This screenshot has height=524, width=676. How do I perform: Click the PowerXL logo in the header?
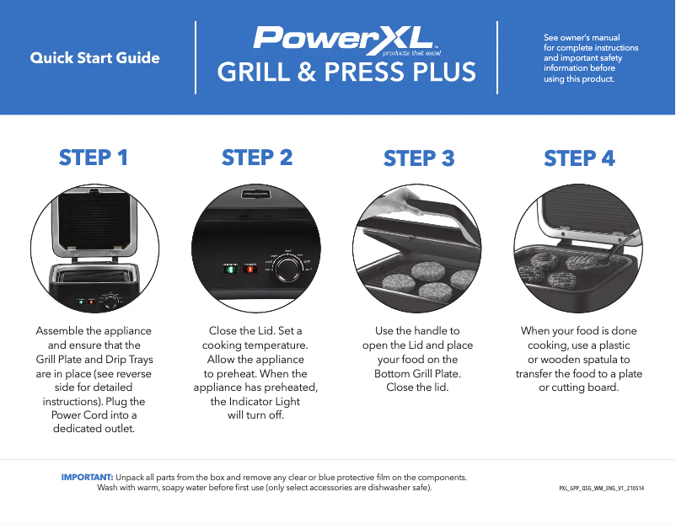pyautogui.click(x=345, y=39)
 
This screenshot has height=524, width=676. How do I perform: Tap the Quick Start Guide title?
pyautogui.click(x=94, y=58)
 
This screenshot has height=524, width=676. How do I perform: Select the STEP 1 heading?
pyautogui.click(x=94, y=158)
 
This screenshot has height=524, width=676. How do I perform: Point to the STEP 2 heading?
pyautogui.click(x=256, y=158)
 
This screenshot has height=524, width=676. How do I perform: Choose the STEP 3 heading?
pyautogui.click(x=419, y=158)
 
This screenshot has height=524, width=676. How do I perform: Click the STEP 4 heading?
pyautogui.click(x=579, y=158)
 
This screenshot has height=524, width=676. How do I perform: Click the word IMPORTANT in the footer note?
pyautogui.click(x=87, y=477)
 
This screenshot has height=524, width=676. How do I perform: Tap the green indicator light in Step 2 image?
pyautogui.click(x=230, y=270)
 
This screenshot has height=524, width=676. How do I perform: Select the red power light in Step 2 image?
pyautogui.click(x=250, y=270)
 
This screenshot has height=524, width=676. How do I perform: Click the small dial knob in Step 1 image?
pyautogui.click(x=110, y=302)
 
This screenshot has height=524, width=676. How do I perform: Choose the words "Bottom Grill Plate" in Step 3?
pyautogui.click(x=417, y=373)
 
